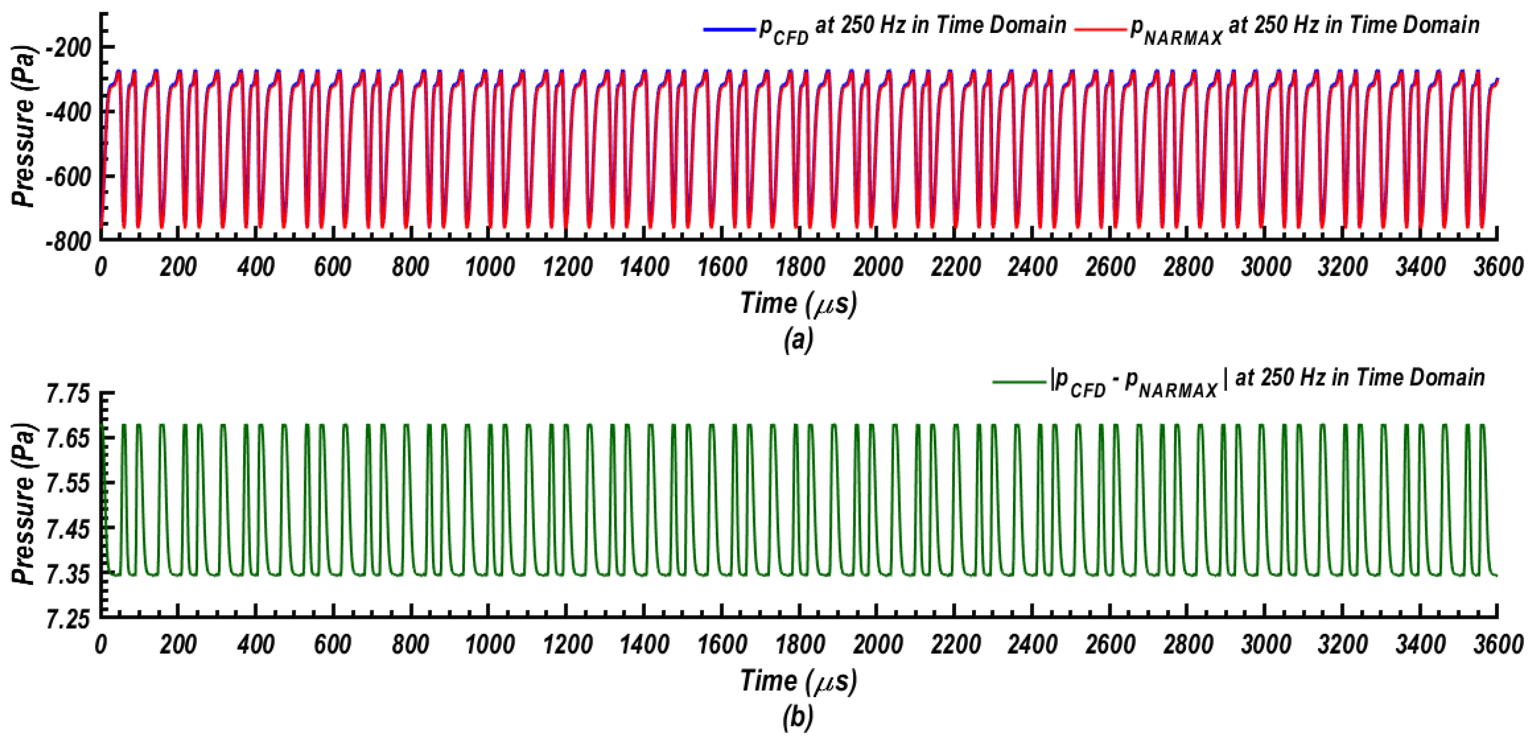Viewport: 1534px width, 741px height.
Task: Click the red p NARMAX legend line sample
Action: click(1100, 29)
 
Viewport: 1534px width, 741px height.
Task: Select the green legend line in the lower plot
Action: click(1019, 381)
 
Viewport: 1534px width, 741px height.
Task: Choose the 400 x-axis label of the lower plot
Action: click(255, 644)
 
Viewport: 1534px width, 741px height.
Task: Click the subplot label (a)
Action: click(798, 340)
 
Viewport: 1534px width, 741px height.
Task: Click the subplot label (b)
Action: click(798, 718)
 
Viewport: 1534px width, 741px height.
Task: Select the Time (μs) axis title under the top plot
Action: click(798, 304)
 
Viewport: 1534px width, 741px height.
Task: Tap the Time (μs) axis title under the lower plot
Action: click(798, 681)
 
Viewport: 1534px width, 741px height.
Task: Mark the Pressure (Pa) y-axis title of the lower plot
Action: click(24, 504)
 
